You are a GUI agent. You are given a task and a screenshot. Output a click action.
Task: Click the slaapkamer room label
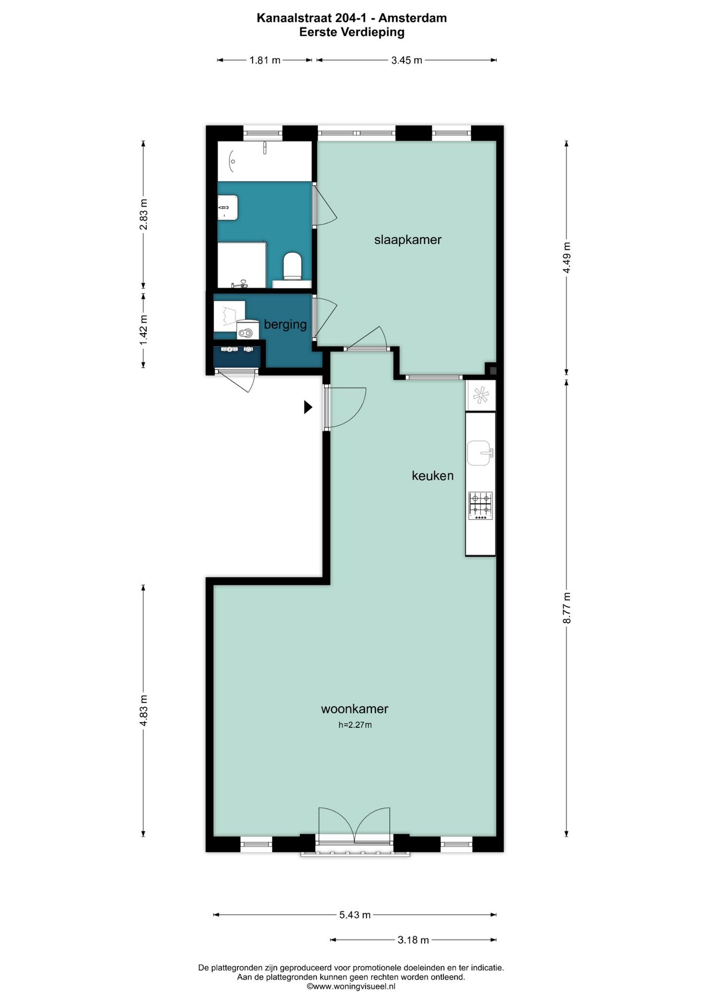point(408,240)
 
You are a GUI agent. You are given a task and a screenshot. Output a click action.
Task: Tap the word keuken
point(432,476)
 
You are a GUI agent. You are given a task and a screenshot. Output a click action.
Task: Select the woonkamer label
point(354,709)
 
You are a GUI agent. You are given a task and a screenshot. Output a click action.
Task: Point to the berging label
point(285,325)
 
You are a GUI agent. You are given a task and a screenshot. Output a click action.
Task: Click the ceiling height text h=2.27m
point(355,725)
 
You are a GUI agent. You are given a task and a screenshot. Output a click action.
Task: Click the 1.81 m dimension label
point(265,60)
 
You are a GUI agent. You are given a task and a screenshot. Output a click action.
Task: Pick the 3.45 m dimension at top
point(407,60)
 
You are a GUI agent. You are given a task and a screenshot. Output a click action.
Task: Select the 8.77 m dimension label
point(567,608)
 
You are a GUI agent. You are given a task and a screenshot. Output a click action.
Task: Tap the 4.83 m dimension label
point(144,710)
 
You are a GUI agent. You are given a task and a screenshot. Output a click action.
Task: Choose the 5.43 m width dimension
point(355,915)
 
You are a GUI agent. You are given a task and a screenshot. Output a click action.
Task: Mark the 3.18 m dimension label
point(413,940)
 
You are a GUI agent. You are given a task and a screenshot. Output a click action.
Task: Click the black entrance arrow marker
point(308,407)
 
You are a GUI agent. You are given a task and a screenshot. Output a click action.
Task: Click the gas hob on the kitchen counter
point(480,505)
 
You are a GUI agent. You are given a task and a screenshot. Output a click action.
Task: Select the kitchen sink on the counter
point(480,453)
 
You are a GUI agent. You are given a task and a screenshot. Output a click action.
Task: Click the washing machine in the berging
point(248,330)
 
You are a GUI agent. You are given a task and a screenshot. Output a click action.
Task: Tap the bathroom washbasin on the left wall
point(228,208)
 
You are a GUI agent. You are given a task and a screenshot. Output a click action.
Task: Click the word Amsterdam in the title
point(413,18)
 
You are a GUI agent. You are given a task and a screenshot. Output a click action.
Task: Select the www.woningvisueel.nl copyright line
point(351,986)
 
